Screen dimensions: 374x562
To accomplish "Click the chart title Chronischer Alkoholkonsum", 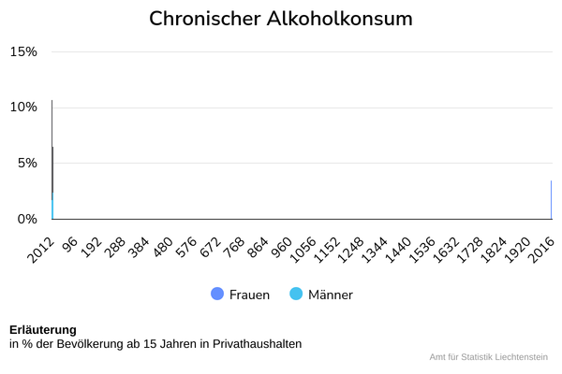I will pos(281,19).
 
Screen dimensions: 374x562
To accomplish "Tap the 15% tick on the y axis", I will pos(23,51).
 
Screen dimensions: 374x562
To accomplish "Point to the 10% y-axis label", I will pos(23,107).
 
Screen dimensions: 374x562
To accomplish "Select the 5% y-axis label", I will pos(25,163).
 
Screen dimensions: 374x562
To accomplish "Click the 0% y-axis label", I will pos(25,219).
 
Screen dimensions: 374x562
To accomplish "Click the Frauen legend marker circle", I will pos(217,295).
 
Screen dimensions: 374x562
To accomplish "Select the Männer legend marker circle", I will pos(296,295).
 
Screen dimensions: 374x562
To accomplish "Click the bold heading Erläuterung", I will pos(43,330).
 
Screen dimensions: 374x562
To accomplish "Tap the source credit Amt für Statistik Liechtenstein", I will pos(488,357).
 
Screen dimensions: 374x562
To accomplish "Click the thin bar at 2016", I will pos(551,200).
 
